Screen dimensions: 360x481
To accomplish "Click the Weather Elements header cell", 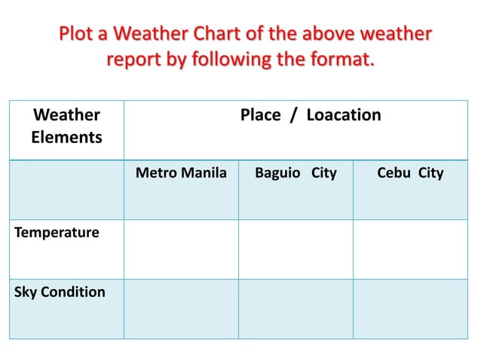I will point(66,127).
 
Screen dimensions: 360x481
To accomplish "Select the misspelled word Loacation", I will point(343,115).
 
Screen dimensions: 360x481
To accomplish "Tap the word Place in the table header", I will point(260,115).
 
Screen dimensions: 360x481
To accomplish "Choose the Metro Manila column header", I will point(181,173).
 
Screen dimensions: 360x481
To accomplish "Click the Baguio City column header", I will point(296,173).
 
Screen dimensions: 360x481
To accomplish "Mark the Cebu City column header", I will point(410,173).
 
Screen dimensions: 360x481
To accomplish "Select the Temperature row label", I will point(57,233).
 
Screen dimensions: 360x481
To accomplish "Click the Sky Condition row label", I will point(60,292).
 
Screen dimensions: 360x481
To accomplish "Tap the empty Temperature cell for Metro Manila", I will point(181,249).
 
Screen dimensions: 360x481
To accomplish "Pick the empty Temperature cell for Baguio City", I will point(296,249).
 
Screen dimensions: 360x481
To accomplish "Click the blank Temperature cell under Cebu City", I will point(410,249).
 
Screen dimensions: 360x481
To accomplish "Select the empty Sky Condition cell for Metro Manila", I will point(181,309).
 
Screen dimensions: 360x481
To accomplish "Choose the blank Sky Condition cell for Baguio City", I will point(296,309).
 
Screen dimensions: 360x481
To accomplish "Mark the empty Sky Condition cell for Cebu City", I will point(410,309).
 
